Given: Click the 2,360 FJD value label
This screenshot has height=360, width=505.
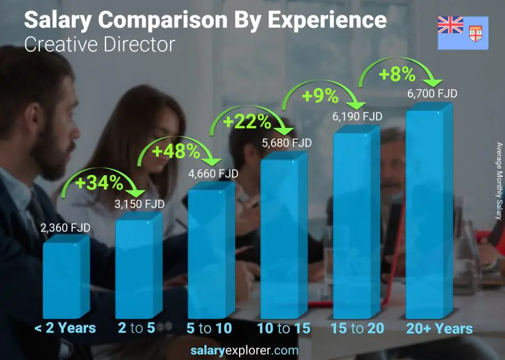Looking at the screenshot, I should tap(65, 228).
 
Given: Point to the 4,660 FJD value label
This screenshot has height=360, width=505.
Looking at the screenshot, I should tap(213, 174).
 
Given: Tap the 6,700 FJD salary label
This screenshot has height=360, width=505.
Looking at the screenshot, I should tap(432, 93).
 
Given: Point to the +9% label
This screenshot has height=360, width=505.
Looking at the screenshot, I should tap(320, 96).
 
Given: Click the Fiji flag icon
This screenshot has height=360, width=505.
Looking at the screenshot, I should tap(463, 33).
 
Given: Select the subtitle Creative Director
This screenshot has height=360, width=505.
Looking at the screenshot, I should tap(99, 44).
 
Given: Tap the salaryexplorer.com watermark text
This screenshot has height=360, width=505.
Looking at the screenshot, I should tap(252, 350).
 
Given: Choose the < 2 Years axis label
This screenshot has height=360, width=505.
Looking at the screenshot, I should tap(65, 329).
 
